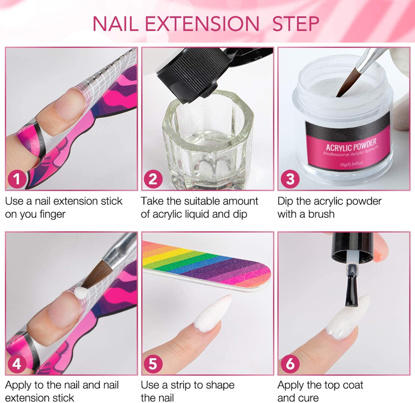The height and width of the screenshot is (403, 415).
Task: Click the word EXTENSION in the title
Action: click(x=202, y=24)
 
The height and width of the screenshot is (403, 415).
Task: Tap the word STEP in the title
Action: click(x=296, y=24)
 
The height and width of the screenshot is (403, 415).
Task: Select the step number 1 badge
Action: click(x=17, y=179)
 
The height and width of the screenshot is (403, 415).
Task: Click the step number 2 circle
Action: click(x=153, y=179)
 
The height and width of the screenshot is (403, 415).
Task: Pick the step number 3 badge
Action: click(x=290, y=179)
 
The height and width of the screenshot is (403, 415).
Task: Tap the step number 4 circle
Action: click(x=17, y=363)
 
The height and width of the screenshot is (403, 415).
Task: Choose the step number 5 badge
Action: click(x=153, y=363)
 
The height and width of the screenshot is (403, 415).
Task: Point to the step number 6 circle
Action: click(x=290, y=363)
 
